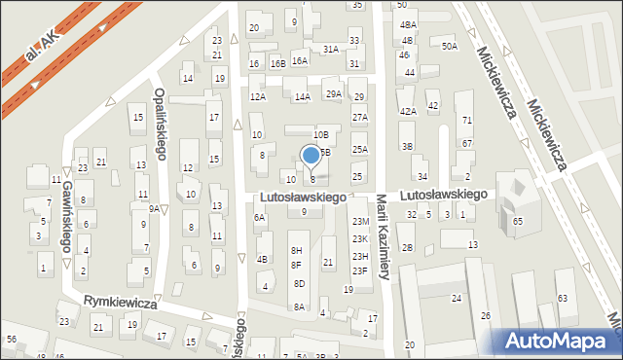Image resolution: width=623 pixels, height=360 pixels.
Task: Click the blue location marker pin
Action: (311, 156)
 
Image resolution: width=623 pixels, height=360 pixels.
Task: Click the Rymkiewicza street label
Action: (121, 303)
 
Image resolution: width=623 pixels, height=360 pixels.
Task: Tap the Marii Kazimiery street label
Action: (384, 236)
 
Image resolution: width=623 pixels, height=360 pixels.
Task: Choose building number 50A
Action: (449, 46)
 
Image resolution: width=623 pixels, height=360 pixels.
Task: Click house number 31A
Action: (331, 49)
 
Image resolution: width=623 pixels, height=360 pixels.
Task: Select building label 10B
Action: (321, 134)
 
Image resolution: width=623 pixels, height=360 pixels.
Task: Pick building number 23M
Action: (360, 222)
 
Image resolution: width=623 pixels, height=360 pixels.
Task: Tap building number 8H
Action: (296, 250)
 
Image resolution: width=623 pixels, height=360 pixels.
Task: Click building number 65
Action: (518, 222)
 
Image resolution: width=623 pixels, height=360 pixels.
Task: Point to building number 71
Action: (467, 120)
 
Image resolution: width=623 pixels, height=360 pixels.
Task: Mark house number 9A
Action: (154, 208)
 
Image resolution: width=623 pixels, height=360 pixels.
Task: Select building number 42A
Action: (408, 112)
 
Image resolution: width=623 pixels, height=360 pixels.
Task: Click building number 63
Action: (562, 297)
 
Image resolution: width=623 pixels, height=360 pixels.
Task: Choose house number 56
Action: (12, 339)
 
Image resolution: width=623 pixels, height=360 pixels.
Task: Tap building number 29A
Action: (333, 93)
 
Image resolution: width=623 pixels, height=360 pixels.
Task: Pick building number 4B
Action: (262, 259)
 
